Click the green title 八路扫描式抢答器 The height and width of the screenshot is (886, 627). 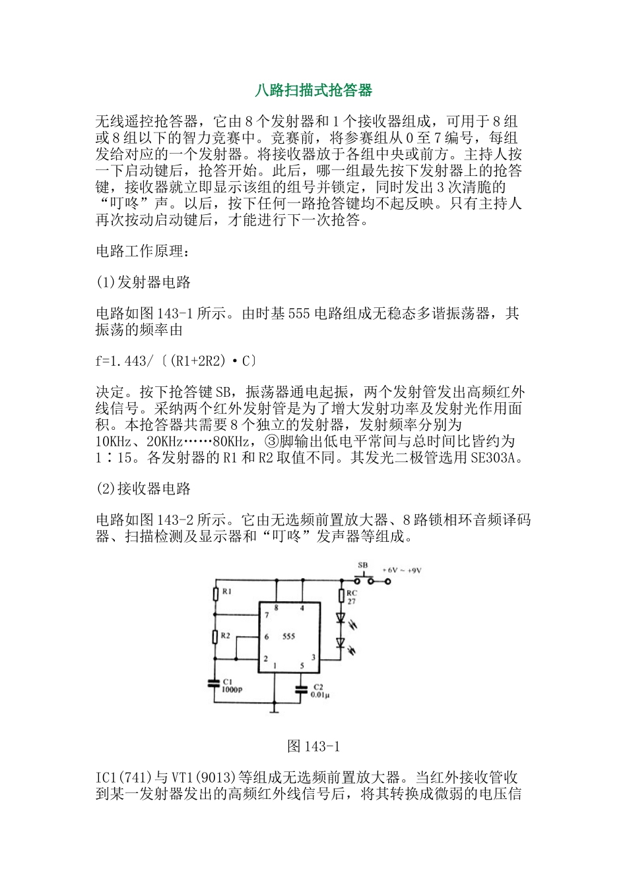[313, 90]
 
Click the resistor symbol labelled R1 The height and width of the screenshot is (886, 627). [216, 593]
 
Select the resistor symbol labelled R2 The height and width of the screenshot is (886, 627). [216, 637]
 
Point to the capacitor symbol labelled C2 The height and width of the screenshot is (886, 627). [302, 690]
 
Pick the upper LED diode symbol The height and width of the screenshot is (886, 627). [341, 618]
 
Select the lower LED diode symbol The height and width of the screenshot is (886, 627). [341, 642]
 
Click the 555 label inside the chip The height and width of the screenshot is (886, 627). [288, 637]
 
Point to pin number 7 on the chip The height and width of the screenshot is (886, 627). [267, 615]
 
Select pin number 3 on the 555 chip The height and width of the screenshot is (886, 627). [313, 657]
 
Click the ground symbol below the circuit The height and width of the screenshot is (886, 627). [275, 711]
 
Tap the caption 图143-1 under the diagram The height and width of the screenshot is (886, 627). [313, 746]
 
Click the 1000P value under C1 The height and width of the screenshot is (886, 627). [232, 690]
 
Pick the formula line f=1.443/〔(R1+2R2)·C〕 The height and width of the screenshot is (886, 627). [176, 361]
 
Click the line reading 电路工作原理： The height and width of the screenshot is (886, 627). [143, 251]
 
